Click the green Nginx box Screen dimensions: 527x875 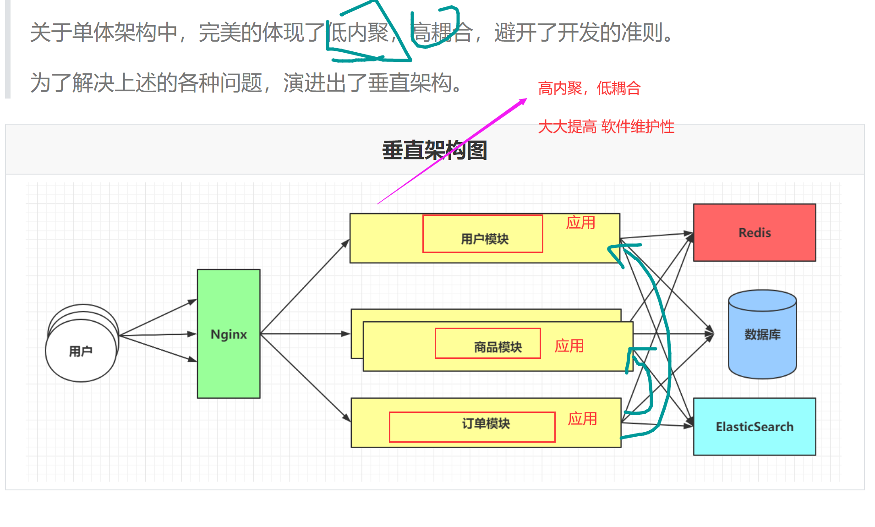[x=229, y=334]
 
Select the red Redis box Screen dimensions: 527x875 [x=755, y=232]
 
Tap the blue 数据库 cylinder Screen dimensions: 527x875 [x=762, y=335]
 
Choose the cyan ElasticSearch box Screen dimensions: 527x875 [x=755, y=427]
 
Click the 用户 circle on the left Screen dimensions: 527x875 [x=81, y=351]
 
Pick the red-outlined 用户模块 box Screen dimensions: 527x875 [x=483, y=234]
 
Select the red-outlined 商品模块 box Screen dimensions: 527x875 [x=488, y=343]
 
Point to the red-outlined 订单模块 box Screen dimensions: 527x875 [x=472, y=427]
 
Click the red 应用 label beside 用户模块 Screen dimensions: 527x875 [x=580, y=223]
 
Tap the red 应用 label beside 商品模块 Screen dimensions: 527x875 [x=569, y=346]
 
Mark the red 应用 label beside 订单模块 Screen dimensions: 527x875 [x=582, y=419]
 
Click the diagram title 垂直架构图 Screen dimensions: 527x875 [x=434, y=150]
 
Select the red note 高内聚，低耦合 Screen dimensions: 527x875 [x=589, y=88]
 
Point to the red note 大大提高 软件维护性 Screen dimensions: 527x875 [x=606, y=126]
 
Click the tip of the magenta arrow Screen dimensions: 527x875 [x=525, y=99]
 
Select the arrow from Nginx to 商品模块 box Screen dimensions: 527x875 [x=305, y=334]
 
